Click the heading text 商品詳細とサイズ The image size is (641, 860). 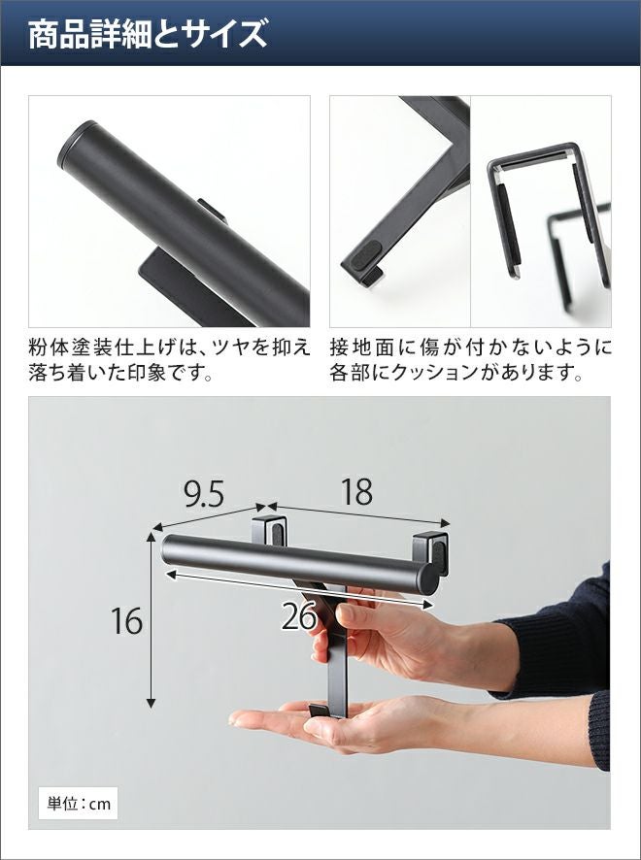pyautogui.click(x=148, y=34)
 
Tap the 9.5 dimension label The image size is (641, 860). pyautogui.click(x=204, y=494)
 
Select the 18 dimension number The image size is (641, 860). pyautogui.click(x=356, y=491)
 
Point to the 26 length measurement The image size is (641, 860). pyautogui.click(x=300, y=616)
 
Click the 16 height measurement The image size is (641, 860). pyautogui.click(x=127, y=621)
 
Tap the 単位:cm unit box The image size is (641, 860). pyautogui.click(x=79, y=804)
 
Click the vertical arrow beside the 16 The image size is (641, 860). pyautogui.click(x=151, y=620)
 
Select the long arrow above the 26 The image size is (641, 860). pyautogui.click(x=299, y=589)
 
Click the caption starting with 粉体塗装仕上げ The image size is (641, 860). pyautogui.click(x=169, y=360)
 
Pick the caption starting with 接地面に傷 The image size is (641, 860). pyautogui.click(x=470, y=360)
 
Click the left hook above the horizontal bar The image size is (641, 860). pyautogui.click(x=269, y=529)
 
